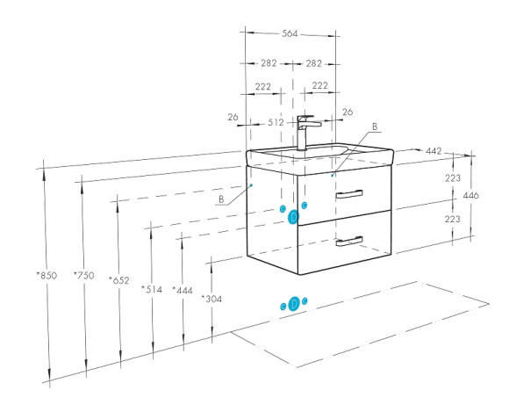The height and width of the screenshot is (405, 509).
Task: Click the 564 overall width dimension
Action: (290, 33)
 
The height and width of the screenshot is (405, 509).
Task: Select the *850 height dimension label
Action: (47, 276)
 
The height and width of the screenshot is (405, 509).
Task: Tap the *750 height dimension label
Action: (83, 276)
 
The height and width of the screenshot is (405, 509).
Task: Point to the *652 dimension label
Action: (118, 280)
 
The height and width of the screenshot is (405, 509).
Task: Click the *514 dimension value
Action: (152, 289)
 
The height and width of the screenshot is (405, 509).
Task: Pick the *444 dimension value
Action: (183, 290)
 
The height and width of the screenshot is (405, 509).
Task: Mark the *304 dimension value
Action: (211, 299)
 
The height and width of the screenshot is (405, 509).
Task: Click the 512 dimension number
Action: (276, 122)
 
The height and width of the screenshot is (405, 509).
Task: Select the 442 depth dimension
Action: (434, 151)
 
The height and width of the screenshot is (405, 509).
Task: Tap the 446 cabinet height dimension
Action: (470, 195)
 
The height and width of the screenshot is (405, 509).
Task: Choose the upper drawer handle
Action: (349, 194)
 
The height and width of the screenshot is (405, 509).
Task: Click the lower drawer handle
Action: (349, 242)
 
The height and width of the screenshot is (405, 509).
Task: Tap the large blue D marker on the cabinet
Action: (293, 217)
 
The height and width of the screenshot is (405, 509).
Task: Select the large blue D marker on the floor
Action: (294, 304)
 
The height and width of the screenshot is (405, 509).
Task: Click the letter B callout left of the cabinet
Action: (221, 199)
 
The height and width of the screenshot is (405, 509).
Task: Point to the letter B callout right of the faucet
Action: (375, 127)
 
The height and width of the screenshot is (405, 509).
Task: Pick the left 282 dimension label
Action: (269, 63)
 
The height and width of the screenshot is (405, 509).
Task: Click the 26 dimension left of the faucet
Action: (233, 117)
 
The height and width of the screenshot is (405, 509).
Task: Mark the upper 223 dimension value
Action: (453, 177)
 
